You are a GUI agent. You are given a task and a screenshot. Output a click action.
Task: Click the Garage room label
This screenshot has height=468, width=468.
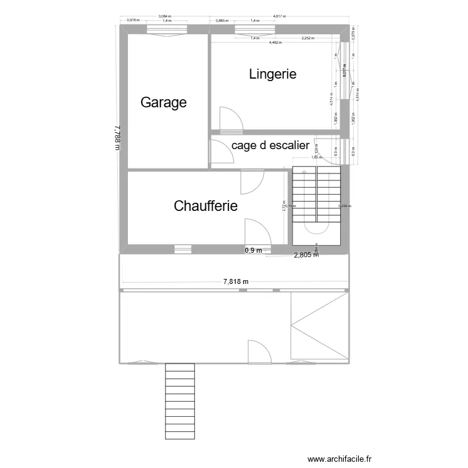click(x=163, y=102)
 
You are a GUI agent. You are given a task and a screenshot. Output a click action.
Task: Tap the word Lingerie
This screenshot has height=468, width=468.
click(x=272, y=74)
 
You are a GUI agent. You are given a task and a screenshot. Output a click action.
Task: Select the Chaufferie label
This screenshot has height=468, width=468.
click(x=206, y=205)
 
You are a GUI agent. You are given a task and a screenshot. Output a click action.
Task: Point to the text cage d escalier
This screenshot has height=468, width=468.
click(x=270, y=145)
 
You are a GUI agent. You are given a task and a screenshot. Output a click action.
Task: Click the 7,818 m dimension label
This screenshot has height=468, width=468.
click(x=236, y=281)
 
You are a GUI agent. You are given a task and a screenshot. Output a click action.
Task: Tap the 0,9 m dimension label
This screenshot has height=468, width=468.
click(x=253, y=250)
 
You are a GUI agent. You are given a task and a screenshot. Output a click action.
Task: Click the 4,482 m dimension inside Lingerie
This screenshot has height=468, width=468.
click(x=275, y=43)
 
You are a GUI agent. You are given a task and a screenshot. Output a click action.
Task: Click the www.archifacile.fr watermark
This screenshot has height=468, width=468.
click(x=339, y=458)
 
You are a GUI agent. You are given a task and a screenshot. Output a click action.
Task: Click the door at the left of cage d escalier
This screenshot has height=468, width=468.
click(x=220, y=152)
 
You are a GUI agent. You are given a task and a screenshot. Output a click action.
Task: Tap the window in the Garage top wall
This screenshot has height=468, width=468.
click(x=167, y=29)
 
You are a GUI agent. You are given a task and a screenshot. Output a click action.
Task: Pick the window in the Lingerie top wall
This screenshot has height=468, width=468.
click(x=255, y=29)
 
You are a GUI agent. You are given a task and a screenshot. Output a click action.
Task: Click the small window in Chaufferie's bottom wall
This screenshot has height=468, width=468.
click(x=182, y=250)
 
